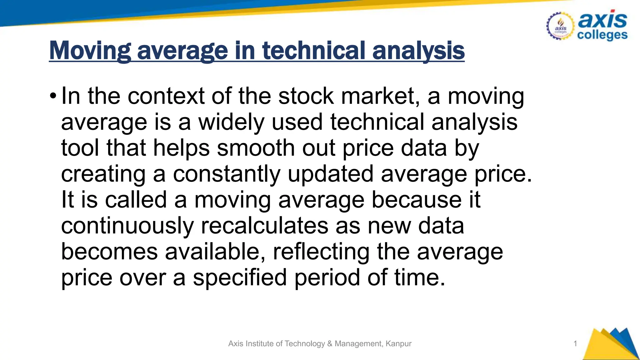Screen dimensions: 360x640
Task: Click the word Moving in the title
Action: tap(90, 51)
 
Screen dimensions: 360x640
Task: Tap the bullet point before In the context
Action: tap(53, 95)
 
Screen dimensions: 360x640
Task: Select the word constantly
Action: tap(227, 174)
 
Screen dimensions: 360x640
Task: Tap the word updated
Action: tap(330, 174)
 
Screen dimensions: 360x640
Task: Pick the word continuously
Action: tap(127, 226)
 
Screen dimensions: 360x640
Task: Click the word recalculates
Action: tap(264, 226)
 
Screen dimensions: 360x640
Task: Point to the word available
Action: tap(215, 252)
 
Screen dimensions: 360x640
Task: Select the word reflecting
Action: tap(321, 252)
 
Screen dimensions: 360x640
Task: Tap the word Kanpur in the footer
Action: tap(398, 344)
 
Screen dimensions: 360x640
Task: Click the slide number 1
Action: tap(575, 344)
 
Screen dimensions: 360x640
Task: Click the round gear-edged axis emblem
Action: tap(560, 27)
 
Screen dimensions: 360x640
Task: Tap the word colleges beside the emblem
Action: tap(602, 35)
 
